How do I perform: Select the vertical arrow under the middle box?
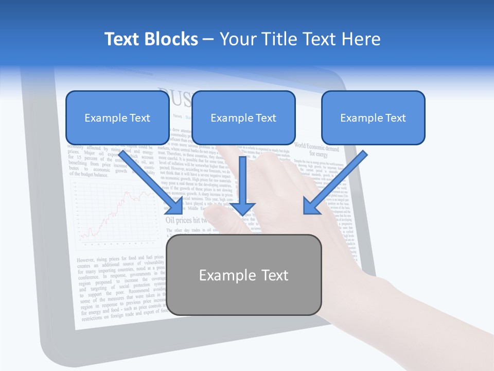(x=243, y=185)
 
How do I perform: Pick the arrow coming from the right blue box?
(x=335, y=182)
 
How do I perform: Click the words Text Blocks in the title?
(x=151, y=39)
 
